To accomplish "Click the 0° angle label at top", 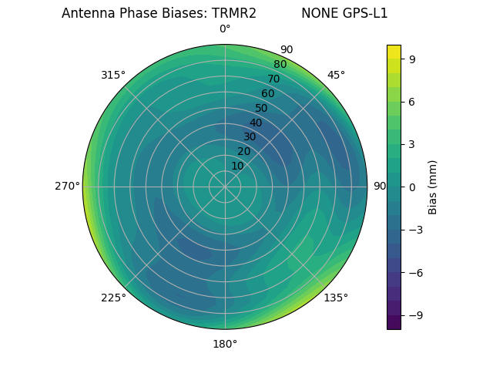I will pos(225,29).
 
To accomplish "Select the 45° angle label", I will pos(336,75).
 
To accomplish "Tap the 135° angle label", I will pos(336,298).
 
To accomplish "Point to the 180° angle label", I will pos(225,344).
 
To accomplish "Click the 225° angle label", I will pos(113,298).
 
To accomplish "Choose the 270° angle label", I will pos(68,187).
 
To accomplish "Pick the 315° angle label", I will pos(113,75).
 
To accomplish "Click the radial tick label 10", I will pos(238,166).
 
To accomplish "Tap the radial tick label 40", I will pos(256,123).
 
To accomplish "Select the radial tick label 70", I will pos(273,79).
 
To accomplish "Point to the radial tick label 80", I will pos(280,65).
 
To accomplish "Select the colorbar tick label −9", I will pos(416,315).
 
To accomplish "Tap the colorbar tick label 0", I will pos(412,187).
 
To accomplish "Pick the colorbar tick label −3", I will pos(416,230).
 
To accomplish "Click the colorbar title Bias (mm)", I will pos(433,187).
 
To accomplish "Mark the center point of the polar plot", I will pos(225,187).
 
